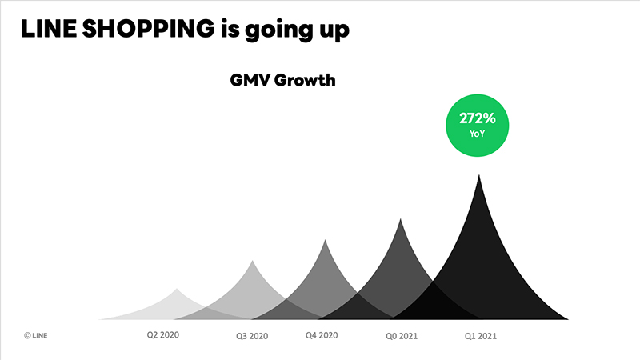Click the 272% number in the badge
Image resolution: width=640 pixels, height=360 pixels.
tap(478, 118)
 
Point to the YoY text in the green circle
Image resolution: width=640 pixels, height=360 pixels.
tap(478, 134)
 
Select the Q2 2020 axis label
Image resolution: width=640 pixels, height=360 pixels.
tap(163, 334)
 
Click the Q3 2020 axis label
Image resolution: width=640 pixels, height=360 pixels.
tap(252, 337)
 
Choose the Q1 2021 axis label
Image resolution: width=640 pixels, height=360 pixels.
tap(481, 337)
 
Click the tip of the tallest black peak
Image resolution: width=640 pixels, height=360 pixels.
tap(479, 175)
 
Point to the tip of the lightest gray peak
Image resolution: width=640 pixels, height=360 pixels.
tap(178, 289)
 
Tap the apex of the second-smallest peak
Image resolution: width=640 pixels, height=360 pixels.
tap(253, 261)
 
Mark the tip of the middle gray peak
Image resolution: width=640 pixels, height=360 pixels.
tap(325, 240)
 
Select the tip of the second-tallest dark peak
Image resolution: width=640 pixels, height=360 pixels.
tap(401, 218)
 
